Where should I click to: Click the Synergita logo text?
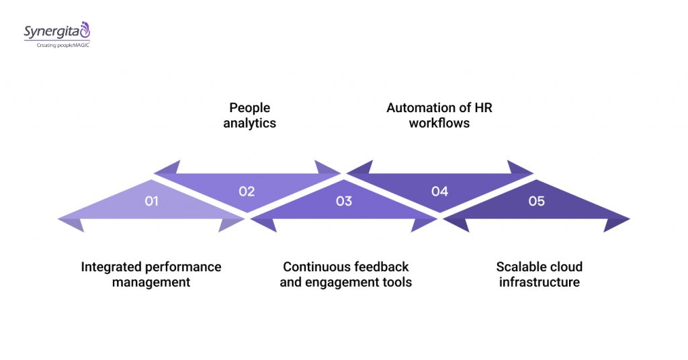(51, 32)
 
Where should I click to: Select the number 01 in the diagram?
(151, 201)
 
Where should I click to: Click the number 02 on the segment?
(247, 191)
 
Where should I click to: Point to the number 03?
(343, 201)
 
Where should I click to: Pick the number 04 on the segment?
(439, 191)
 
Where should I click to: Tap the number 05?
(536, 201)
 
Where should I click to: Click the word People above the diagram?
(249, 107)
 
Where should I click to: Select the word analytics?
(249, 124)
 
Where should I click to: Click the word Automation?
(421, 107)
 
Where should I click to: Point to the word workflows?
(439, 124)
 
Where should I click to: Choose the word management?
(151, 282)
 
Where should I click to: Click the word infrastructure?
(539, 282)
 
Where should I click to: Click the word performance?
(181, 267)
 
